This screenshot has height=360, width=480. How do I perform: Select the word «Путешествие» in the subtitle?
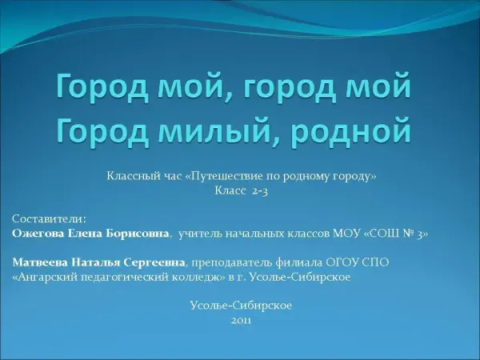(226, 176)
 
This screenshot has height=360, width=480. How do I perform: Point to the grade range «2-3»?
(260, 191)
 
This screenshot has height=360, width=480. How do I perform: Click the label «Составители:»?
(50, 219)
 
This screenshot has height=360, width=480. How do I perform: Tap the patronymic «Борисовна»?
(138, 234)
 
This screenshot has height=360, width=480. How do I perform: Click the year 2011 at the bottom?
(242, 321)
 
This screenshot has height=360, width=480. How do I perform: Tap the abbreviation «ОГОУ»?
(341, 262)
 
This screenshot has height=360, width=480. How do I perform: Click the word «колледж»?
(201, 277)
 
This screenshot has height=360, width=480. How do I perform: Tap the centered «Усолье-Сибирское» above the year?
(241, 306)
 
